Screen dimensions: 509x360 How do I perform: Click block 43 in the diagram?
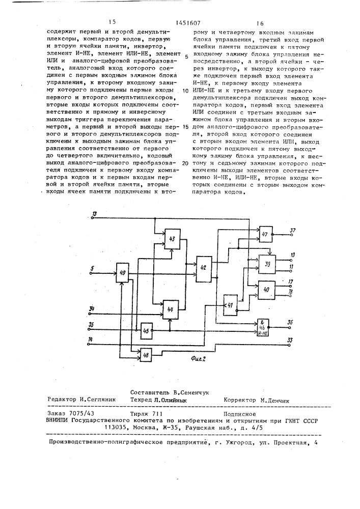pos(172,239)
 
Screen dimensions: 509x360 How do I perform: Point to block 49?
pos(122,274)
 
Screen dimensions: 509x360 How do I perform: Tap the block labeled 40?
pos(266,289)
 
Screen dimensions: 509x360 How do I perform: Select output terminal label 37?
pos(293,230)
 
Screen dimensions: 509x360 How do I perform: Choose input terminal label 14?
pos(91,339)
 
